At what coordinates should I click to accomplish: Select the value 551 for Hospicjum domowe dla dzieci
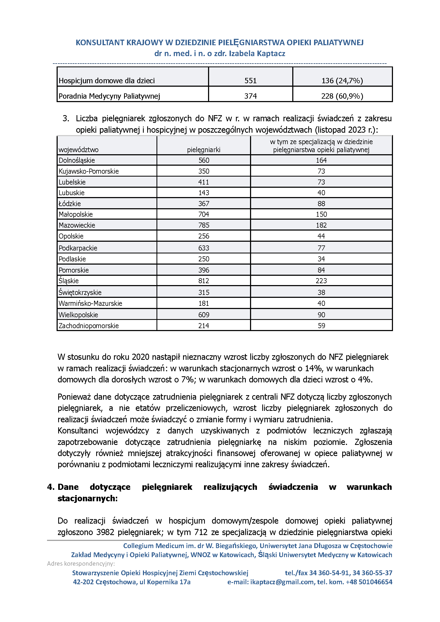250,81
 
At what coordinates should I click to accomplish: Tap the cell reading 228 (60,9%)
342,96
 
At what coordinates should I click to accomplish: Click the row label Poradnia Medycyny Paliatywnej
109,96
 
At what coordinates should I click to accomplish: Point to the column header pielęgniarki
204,150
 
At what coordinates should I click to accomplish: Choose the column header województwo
79,150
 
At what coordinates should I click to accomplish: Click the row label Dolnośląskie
77,160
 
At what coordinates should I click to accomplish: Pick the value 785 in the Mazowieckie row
204,225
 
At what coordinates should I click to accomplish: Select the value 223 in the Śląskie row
321,281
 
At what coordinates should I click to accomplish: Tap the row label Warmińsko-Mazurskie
90,303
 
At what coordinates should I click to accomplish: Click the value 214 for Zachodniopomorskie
204,325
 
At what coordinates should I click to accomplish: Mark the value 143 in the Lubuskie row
204,193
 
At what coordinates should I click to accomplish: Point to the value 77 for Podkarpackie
321,248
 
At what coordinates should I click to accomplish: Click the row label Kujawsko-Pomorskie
88,171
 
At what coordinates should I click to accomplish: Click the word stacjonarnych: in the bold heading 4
87,498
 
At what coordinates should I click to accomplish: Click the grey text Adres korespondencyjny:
81,563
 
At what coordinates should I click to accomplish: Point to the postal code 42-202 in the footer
83,582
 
